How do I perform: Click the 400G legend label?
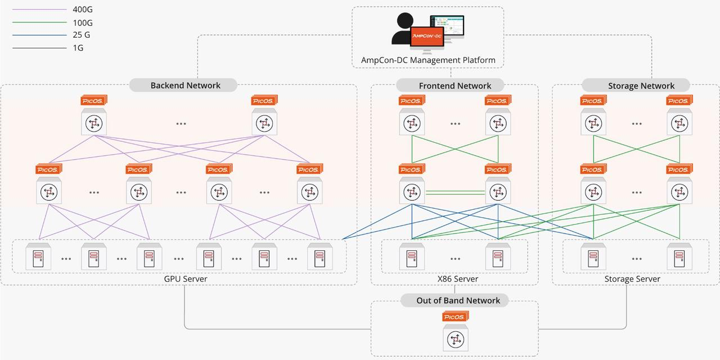pyautogui.click(x=83, y=10)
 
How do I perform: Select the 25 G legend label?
pyautogui.click(x=82, y=35)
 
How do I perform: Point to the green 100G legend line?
pyautogui.click(x=39, y=22)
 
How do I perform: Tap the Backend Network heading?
pyautogui.click(x=185, y=85)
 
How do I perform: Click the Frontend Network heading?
pyautogui.click(x=454, y=85)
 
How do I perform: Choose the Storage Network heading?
pyautogui.click(x=641, y=85)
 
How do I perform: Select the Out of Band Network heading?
pyautogui.click(x=458, y=300)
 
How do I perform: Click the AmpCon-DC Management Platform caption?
pyautogui.click(x=428, y=60)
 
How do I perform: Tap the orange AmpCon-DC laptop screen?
pyautogui.click(x=427, y=36)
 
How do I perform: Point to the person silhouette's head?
pyautogui.click(x=404, y=20)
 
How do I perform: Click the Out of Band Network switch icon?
pyautogui.click(x=455, y=339)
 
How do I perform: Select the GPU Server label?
pyautogui.click(x=185, y=279)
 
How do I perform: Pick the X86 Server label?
pyautogui.click(x=457, y=279)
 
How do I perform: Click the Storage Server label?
pyautogui.click(x=632, y=279)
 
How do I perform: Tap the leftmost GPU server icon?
pyautogui.click(x=38, y=258)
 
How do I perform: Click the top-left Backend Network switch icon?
pyautogui.click(x=93, y=123)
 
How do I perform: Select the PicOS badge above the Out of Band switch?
pyautogui.click(x=455, y=317)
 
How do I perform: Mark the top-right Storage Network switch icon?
pyautogui.click(x=679, y=123)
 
